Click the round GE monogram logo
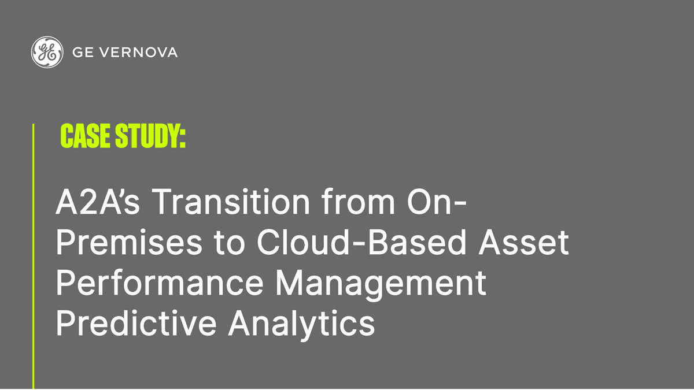[x=47, y=52]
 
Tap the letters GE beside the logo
[x=81, y=53]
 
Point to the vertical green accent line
[x=33, y=254]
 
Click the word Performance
[x=159, y=284]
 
